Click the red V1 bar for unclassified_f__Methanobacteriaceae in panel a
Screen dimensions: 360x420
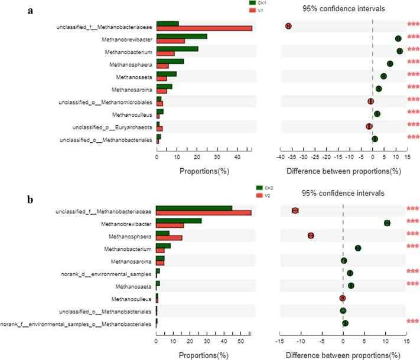204,28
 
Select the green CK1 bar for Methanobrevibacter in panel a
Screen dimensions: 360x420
182,37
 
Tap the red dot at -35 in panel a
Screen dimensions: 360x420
288,26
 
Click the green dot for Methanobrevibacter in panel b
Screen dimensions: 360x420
387,223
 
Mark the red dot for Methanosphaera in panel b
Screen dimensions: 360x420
311,235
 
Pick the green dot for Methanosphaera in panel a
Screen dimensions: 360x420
390,64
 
